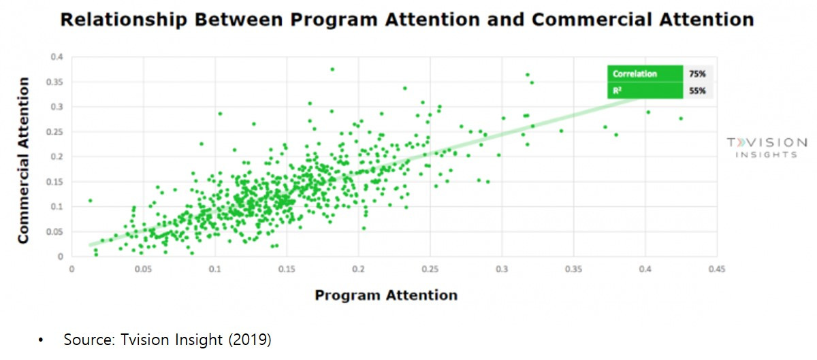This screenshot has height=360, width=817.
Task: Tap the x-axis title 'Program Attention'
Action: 385,295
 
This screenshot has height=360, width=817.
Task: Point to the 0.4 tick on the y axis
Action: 58,57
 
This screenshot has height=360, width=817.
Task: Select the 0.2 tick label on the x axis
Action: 358,269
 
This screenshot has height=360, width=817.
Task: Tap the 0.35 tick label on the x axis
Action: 573,269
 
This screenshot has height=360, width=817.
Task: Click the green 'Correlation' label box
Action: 644,73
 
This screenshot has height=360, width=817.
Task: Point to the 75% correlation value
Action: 698,73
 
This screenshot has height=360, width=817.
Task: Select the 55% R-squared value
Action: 698,90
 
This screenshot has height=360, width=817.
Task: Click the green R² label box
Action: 644,90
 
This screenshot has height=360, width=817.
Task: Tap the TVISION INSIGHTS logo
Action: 766,148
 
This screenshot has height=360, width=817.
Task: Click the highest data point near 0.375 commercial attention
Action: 332,69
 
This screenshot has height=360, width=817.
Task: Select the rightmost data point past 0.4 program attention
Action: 680,118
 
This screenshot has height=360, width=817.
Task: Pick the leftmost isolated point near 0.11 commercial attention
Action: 90,201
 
